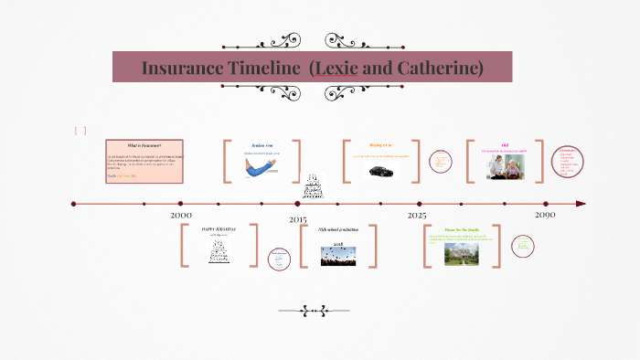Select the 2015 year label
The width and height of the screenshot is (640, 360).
pos(298,220)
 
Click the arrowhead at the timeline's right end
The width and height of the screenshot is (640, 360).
pos(581,204)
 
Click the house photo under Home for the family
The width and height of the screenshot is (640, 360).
pos(461,253)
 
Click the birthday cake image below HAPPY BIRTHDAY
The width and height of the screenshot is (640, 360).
pos(219,251)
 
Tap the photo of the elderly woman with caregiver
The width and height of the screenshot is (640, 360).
pos(505,165)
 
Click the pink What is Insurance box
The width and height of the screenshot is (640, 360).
pos(144,162)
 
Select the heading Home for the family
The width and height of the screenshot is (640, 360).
pos(462,229)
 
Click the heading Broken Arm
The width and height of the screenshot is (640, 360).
pos(262,145)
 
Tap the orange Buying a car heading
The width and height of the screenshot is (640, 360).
pos(381,145)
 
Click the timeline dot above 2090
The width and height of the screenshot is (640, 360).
pos(546,204)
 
